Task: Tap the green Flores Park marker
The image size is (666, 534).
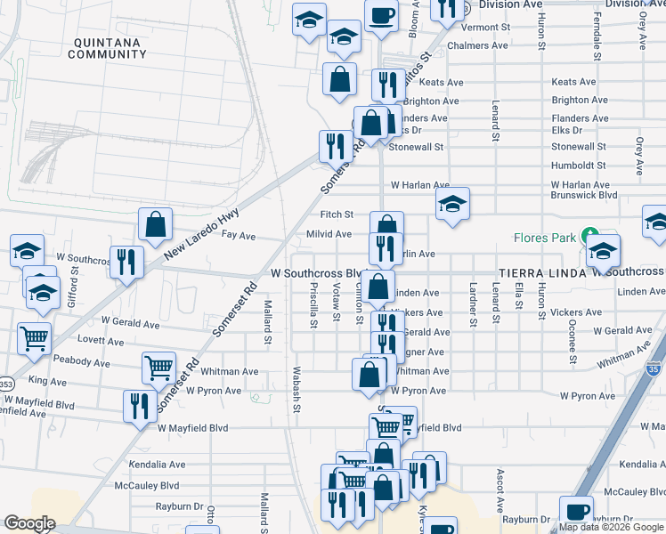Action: point(589,237)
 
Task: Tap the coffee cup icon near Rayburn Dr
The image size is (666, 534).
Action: point(576,512)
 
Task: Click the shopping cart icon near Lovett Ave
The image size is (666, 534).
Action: point(34,337)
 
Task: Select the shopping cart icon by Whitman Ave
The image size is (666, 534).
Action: point(158,367)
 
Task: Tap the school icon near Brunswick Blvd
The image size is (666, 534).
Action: point(452,205)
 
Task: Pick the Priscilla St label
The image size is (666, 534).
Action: point(313,305)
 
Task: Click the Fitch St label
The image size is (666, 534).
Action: point(337,214)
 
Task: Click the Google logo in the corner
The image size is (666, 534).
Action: point(29,523)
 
